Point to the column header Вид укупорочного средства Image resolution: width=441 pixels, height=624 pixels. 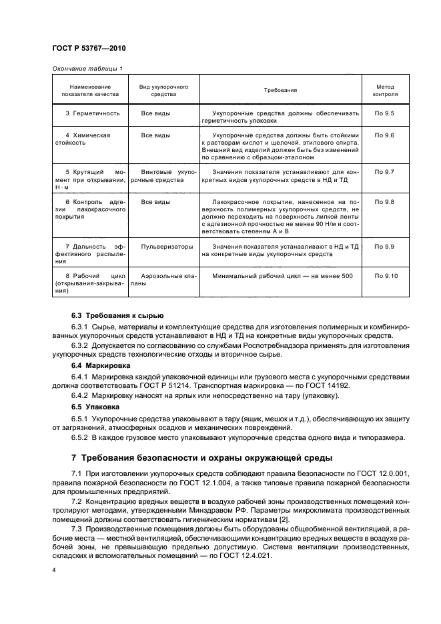[x=163, y=90]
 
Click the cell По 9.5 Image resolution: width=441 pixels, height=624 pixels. [x=385, y=114]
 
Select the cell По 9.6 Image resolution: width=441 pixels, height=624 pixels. [x=385, y=135]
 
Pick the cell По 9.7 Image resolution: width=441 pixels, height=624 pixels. [x=385, y=172]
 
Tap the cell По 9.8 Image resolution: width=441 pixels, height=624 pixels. [x=385, y=201]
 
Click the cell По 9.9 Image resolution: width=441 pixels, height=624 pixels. [x=385, y=247]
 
